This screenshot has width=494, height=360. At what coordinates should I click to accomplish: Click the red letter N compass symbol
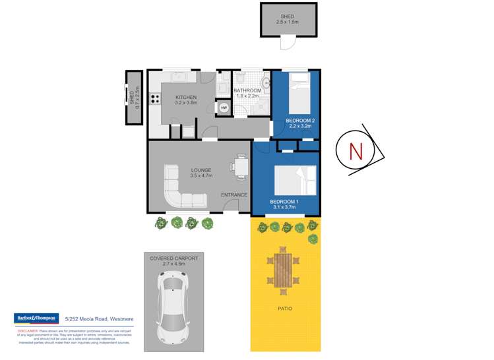coord(355,151)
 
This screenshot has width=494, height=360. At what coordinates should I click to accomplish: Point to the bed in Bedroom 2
coord(299,96)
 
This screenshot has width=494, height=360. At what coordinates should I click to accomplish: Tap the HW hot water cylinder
coord(224,107)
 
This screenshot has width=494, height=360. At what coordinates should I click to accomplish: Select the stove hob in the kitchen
coord(156,99)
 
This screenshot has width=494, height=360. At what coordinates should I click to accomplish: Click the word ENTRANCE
coord(233,195)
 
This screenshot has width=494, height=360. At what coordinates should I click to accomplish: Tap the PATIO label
coord(285,308)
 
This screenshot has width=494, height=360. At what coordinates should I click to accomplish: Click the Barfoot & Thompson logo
coord(36,318)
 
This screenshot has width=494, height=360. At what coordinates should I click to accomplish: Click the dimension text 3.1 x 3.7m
coord(285,208)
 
